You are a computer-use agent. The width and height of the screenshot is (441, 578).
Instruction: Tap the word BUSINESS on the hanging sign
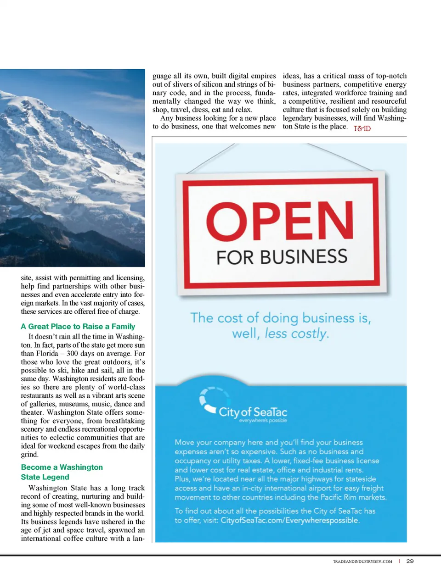(304, 257)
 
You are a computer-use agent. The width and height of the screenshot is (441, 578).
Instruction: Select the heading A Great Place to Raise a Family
(78, 326)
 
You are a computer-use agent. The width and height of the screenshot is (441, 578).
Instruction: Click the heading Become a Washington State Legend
(62, 472)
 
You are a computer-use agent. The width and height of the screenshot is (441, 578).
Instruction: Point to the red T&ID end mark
(362, 128)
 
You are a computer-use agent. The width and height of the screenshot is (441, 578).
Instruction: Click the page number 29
(410, 561)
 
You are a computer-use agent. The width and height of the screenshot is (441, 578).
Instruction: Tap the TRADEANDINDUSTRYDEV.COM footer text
(362, 561)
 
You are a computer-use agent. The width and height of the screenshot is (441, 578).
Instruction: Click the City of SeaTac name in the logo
(253, 411)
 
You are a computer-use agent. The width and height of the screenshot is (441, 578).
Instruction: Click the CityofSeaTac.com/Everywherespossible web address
(289, 520)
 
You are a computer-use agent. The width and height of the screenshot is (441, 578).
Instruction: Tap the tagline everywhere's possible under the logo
(263, 420)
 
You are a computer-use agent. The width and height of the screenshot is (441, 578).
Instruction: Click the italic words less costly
(297, 333)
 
